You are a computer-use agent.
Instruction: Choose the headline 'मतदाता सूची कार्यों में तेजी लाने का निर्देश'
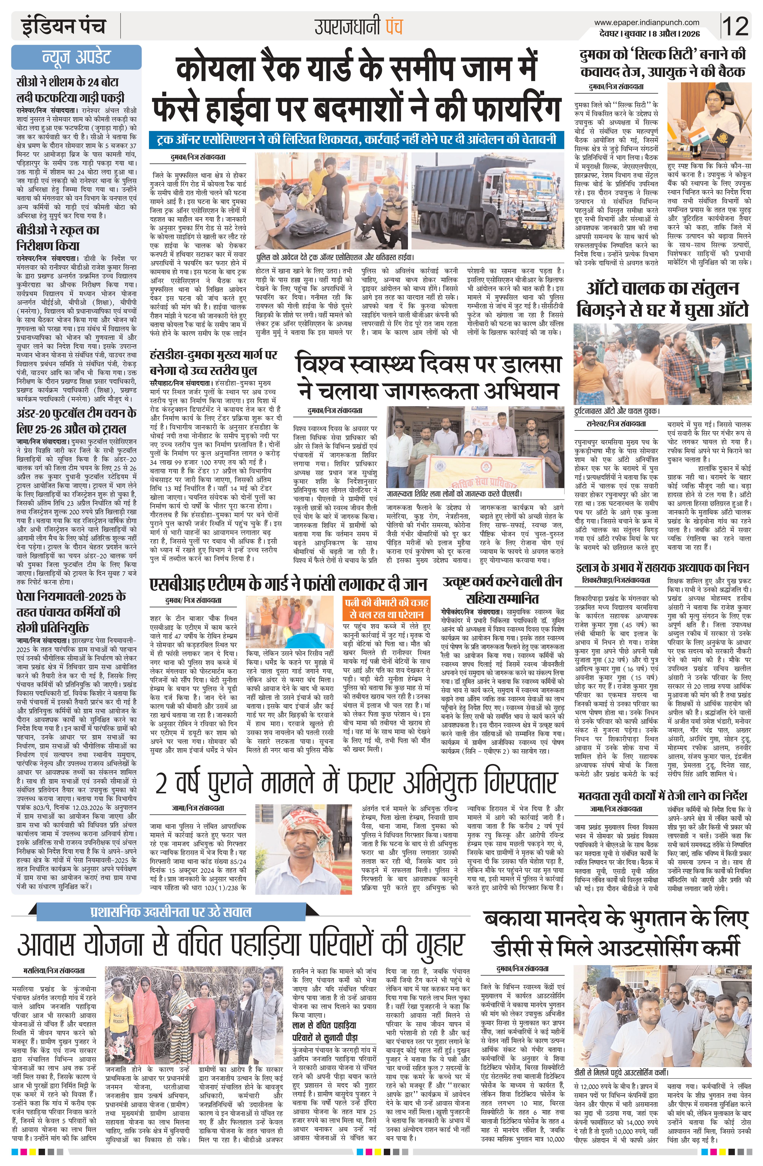pos(662,795)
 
